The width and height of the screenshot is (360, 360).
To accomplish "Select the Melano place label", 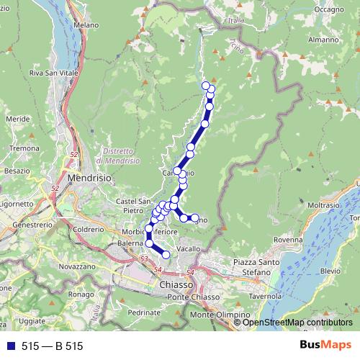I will pos(86,24).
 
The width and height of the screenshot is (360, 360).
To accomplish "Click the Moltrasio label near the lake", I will pos(327,205).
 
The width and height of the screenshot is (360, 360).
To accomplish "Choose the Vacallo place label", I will pos(188,248).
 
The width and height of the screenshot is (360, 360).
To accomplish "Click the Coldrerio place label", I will pos(88,229).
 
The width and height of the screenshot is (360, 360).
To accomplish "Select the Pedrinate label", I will pos(144,312).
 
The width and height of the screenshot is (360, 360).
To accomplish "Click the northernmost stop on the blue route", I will pos(206,86).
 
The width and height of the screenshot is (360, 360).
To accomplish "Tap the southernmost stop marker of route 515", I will pos(166,254).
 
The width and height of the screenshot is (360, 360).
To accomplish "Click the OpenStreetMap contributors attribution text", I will pos(297,322).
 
